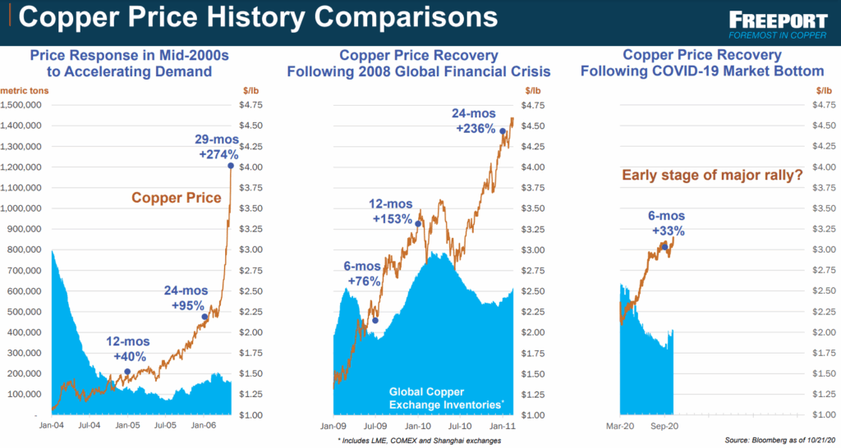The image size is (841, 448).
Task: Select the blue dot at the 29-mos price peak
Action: (231, 166)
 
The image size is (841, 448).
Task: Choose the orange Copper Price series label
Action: (177, 198)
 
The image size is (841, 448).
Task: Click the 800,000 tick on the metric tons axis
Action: (27, 249)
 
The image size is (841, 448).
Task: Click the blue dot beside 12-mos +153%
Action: (419, 223)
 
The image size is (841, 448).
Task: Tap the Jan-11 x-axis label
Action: (503, 427)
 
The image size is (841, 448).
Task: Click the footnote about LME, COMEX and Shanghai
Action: (418, 441)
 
